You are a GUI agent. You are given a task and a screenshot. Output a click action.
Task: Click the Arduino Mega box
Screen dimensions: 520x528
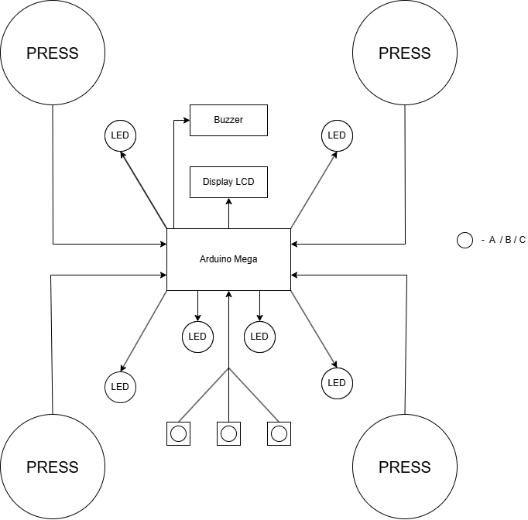pos(228,259)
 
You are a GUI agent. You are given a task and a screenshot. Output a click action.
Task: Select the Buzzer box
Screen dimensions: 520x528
pos(228,120)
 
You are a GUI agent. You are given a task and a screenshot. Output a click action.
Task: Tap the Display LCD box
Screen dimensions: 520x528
pos(228,182)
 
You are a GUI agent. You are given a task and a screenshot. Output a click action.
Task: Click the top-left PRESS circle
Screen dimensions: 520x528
pos(53,53)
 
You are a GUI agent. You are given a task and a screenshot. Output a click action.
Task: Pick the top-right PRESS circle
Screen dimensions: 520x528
pos(404,53)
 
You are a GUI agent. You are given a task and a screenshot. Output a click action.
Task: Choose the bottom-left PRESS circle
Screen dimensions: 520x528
pos(53,467)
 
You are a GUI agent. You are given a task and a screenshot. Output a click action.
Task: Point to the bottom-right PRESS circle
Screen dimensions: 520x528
pos(404,467)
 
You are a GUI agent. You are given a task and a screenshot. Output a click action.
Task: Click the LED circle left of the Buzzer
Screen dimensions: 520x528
pos(120,135)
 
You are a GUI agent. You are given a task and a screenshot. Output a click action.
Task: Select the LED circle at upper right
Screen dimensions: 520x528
pos(337,135)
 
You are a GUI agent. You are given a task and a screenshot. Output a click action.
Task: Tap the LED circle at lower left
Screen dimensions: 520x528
pos(120,386)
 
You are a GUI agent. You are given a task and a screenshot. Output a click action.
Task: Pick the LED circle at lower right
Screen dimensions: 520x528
pos(337,382)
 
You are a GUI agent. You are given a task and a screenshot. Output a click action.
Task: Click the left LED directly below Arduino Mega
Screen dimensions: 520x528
pos(197,336)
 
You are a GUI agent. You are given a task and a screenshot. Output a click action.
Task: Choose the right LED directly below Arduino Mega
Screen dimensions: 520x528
pos(259,336)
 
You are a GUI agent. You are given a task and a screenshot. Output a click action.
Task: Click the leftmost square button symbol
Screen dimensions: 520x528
pos(178,433)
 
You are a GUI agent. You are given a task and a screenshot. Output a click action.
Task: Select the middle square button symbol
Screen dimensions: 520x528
pos(228,433)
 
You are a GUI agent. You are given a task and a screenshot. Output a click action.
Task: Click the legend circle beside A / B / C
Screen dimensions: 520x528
pos(465,240)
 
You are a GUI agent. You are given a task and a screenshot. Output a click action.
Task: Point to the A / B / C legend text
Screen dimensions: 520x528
pos(503,240)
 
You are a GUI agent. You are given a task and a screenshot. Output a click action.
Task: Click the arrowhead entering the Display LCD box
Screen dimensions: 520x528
pos(228,201)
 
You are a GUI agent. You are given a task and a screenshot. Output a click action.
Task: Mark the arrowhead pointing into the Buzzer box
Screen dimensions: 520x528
pos(186,120)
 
